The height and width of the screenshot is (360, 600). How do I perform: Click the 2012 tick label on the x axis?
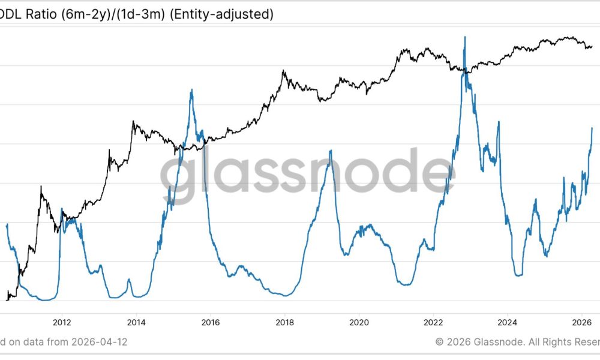pyautogui.click(x=62, y=321)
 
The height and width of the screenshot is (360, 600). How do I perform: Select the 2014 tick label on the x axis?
pyautogui.click(x=136, y=321)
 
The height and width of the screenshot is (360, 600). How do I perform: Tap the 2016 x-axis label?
pyautogui.click(x=211, y=321)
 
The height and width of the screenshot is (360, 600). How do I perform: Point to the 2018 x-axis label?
pyautogui.click(x=285, y=321)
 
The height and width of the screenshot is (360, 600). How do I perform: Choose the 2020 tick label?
pyautogui.click(x=359, y=321)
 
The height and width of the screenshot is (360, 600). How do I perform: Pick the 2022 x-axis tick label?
pyautogui.click(x=433, y=321)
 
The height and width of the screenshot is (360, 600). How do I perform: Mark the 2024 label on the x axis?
pyautogui.click(x=508, y=321)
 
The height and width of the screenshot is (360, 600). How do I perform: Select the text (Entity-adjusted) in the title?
pyautogui.click(x=222, y=14)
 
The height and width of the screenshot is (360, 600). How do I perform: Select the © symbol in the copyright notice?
pyautogui.click(x=439, y=342)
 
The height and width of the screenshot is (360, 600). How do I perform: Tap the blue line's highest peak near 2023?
pyautogui.click(x=464, y=37)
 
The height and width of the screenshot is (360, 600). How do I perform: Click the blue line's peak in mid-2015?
pyautogui.click(x=191, y=90)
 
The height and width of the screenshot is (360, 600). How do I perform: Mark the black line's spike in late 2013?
pyautogui.click(x=134, y=122)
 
